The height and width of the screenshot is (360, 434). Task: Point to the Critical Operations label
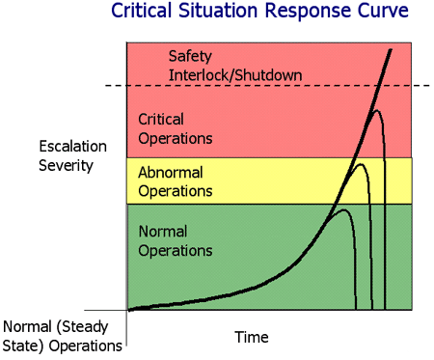point(175,128)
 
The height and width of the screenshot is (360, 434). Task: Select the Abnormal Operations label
point(175,181)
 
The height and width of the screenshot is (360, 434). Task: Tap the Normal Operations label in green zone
point(175,241)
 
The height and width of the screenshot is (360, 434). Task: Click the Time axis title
point(251,337)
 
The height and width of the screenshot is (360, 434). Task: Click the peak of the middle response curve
point(362,165)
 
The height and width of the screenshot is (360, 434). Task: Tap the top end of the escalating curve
point(392,48)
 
